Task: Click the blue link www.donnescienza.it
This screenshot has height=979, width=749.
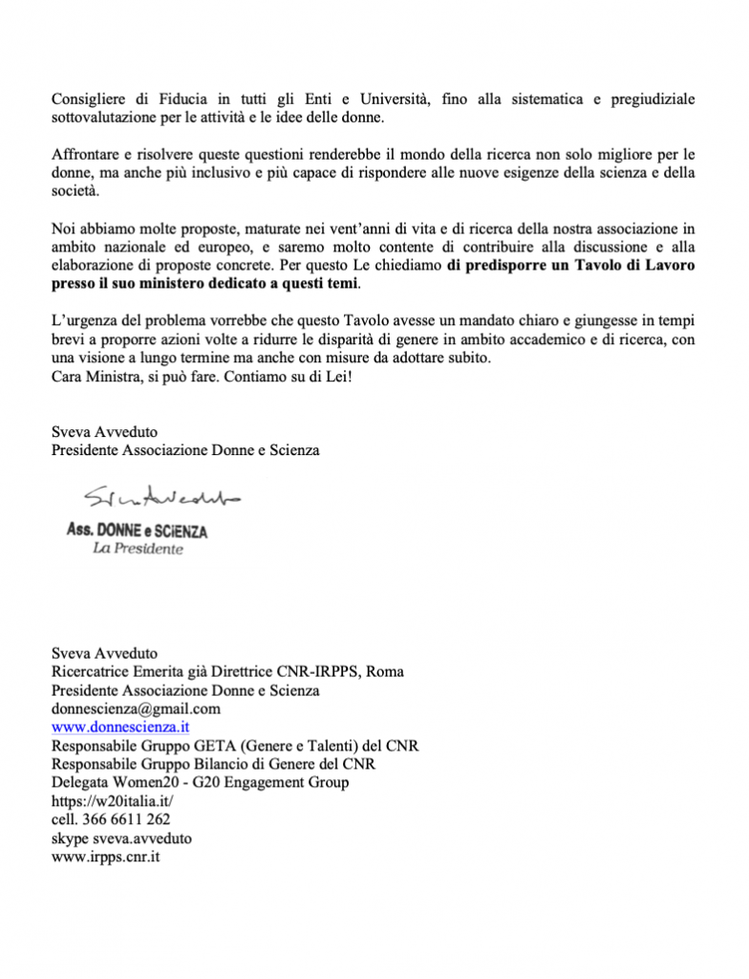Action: pos(120,727)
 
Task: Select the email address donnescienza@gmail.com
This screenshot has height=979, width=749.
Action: pos(136,708)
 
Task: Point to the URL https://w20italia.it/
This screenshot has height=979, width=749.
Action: pos(113,801)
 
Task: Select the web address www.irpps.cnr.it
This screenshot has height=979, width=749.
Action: pos(105,857)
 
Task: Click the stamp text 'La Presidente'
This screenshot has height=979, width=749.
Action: pos(138,549)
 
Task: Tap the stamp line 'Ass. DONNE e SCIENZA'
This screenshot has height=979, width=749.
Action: pos(138,530)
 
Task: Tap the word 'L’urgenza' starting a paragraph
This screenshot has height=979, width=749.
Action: pos(84,320)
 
